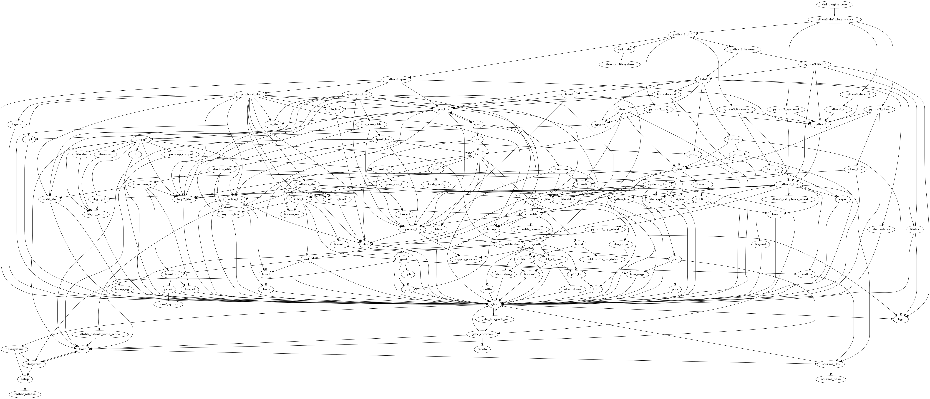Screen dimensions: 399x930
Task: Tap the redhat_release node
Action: pyautogui.click(x=25, y=394)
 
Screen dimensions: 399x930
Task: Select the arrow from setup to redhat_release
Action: pyautogui.click(x=25, y=387)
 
